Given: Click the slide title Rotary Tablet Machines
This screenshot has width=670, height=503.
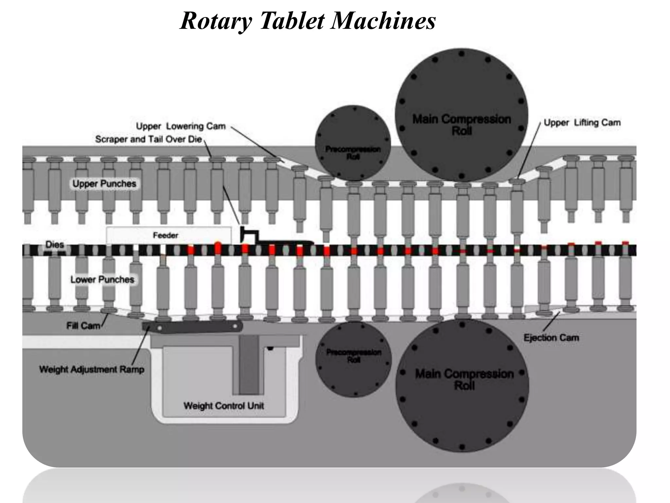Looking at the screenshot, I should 308,20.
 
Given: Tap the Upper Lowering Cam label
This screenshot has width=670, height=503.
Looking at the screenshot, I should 181,126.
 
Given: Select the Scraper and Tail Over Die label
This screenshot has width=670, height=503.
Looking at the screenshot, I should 149,139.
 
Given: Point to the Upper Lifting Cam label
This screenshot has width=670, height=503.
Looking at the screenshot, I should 582,122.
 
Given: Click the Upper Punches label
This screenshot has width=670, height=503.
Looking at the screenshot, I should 104,184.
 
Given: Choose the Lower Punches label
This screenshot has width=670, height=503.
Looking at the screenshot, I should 102,280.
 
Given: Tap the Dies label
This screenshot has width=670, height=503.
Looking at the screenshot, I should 55,244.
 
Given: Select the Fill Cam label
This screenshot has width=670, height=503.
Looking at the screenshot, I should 83,326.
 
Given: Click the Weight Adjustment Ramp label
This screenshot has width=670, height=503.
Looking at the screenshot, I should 92,369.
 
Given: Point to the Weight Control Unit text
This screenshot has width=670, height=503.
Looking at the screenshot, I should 224,406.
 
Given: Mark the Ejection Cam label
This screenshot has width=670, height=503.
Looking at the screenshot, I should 551,338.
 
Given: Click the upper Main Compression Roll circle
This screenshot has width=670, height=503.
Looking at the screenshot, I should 461,115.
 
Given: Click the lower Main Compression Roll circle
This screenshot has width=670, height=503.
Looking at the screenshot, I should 462,386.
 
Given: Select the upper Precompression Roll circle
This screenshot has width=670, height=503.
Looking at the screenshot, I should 353,143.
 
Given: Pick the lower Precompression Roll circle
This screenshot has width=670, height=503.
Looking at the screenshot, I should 353,360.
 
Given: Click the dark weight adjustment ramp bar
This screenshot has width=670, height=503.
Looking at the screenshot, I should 193,327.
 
